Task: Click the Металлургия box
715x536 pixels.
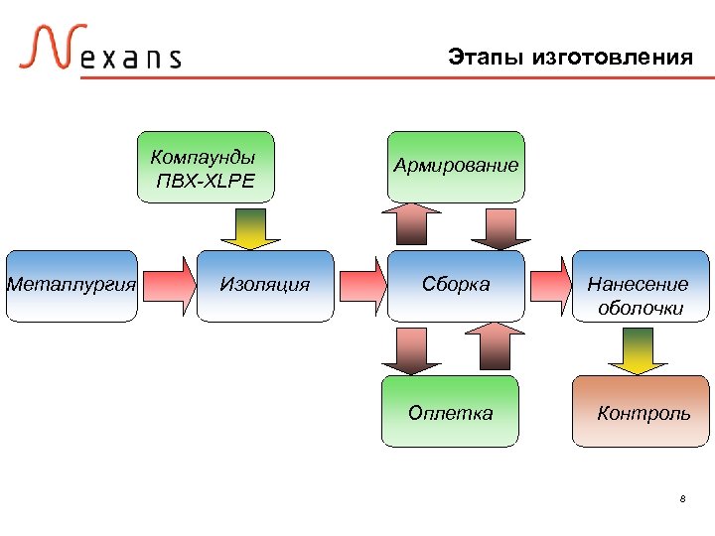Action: [x=71, y=286]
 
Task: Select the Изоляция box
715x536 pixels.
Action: [x=265, y=286]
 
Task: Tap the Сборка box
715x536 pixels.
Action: [x=456, y=286]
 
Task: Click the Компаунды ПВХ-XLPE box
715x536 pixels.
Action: [x=205, y=167]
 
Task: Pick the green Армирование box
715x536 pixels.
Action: [x=456, y=166]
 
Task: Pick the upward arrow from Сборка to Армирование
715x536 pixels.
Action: [x=411, y=226]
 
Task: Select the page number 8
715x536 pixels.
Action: [x=682, y=498]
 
